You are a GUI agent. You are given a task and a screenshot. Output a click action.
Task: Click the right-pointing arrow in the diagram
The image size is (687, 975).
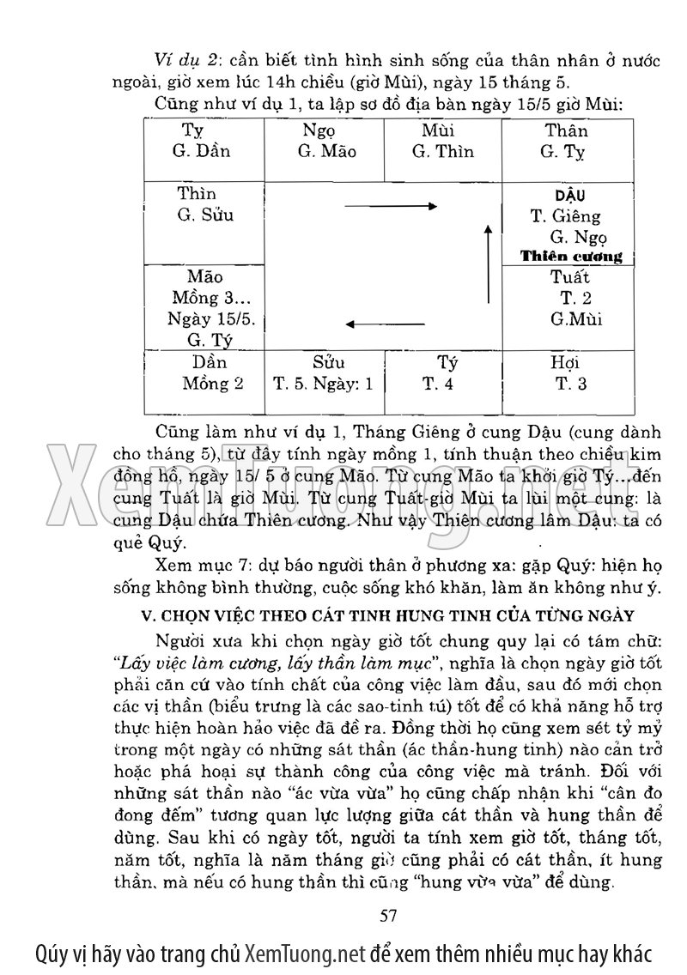tap(390, 206)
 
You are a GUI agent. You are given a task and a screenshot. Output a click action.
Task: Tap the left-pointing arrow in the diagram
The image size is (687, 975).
tap(378, 324)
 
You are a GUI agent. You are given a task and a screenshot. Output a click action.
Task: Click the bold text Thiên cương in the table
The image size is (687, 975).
tap(571, 257)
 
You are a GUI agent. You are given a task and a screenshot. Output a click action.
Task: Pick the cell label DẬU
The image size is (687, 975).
tap(569, 196)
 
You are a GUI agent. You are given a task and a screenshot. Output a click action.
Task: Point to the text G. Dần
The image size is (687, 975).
tap(202, 152)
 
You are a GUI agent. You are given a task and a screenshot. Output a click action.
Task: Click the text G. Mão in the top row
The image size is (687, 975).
tap(327, 152)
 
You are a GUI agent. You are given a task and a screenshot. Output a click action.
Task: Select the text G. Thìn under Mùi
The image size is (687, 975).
tap(442, 152)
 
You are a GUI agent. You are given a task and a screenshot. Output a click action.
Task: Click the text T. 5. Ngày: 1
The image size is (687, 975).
tap(324, 384)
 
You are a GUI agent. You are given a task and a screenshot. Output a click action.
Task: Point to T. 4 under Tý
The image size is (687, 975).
tap(438, 384)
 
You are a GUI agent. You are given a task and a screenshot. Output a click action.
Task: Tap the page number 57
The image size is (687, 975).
tap(387, 915)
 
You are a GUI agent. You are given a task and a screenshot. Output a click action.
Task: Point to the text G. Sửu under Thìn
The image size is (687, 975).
tap(205, 215)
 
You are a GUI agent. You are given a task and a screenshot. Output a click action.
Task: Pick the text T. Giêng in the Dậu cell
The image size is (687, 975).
tap(566, 216)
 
